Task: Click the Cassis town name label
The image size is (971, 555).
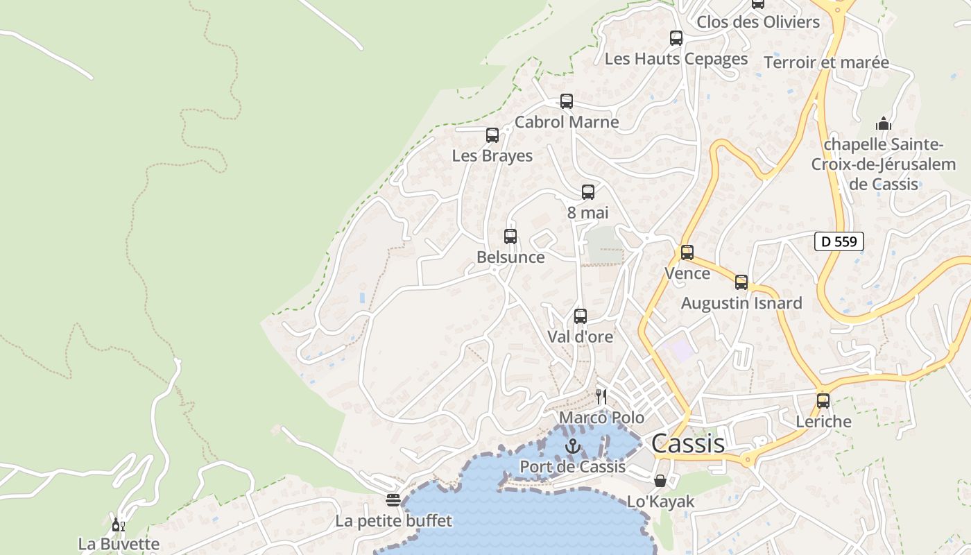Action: pos(688,443)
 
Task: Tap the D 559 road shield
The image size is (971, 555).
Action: pos(839,241)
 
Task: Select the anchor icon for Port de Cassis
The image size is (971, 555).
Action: pos(572,446)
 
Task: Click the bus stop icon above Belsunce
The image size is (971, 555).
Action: pos(510,237)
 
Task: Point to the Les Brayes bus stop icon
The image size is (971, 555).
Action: pos(492,135)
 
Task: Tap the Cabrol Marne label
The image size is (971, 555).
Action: pos(567,122)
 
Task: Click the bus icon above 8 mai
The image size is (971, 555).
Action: pos(588,192)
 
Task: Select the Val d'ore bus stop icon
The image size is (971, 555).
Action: pos(581,316)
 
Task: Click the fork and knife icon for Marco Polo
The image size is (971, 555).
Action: pos(601,397)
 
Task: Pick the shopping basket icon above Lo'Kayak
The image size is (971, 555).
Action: pos(660,480)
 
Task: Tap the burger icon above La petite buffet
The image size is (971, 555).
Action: pos(394,500)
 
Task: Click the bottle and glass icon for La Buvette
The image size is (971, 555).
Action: pos(119,524)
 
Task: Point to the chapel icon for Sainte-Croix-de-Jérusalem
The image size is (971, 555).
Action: pos(883,124)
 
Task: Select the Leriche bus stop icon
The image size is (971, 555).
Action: pos(823,401)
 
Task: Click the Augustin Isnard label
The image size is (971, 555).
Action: pos(741,303)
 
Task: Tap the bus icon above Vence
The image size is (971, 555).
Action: pos(687,253)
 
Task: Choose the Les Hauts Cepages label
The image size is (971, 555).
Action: pos(676,59)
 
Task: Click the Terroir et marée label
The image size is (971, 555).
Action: pos(826,62)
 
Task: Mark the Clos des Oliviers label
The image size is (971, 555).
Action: pos(758,22)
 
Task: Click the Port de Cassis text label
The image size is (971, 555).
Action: pos(573,467)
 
